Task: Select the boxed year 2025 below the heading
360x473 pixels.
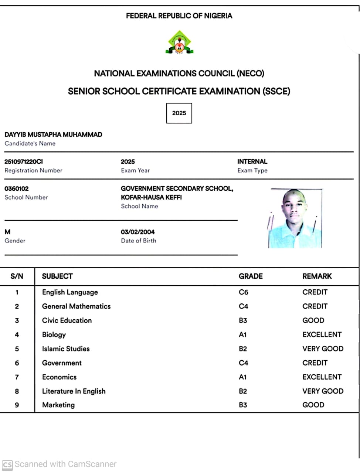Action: [x=179, y=113]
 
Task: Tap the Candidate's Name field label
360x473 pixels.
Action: [x=30, y=143]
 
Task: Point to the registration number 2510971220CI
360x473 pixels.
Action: [x=24, y=161]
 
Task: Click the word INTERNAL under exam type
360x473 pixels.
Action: [x=252, y=161]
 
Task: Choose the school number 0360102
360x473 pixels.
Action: [x=17, y=188]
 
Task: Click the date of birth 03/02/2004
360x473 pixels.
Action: [x=137, y=232]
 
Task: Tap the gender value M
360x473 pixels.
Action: [x=7, y=232]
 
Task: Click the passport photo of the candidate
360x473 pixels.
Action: [x=295, y=218]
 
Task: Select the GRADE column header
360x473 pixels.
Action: [x=251, y=276]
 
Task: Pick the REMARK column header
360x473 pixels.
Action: [x=317, y=276]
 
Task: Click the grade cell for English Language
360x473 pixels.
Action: [x=244, y=292]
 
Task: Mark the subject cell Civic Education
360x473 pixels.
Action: [x=67, y=320]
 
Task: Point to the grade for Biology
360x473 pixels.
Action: [x=242, y=335]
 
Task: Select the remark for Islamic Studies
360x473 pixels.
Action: [x=323, y=349]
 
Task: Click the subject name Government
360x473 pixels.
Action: [x=62, y=363]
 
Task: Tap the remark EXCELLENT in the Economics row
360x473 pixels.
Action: [x=322, y=377]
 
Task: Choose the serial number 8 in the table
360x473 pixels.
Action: [x=17, y=391]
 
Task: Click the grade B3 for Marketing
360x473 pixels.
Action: [x=243, y=405]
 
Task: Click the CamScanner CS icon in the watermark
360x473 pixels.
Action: [x=7, y=465]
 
